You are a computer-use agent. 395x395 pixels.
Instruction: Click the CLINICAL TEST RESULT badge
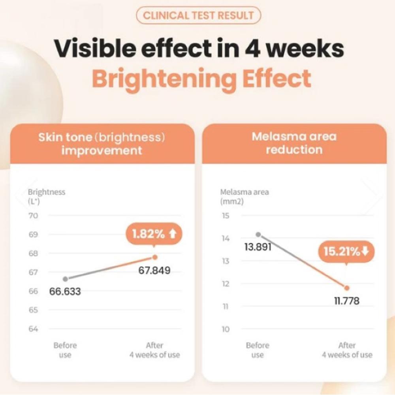click(198, 16)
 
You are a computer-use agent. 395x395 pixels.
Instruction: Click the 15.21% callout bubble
click(346, 252)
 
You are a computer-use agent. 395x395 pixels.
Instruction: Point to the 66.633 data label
click(65, 292)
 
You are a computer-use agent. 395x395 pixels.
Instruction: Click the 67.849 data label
click(154, 271)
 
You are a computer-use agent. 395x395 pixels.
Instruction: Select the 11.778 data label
click(347, 301)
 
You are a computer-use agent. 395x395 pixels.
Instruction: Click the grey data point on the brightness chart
click(66, 279)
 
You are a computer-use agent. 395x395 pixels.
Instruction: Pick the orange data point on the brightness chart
click(155, 257)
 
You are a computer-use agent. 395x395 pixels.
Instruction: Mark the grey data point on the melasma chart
click(258, 234)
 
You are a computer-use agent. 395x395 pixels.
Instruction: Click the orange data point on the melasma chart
click(347, 288)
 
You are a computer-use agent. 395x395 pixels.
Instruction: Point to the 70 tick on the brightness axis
click(33, 216)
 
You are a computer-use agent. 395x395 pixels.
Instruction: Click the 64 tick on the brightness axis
click(33, 329)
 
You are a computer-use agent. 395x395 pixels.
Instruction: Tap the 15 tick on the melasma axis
click(225, 216)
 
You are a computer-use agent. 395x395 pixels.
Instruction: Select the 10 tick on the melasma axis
click(225, 329)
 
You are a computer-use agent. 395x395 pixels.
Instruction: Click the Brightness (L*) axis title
click(46, 196)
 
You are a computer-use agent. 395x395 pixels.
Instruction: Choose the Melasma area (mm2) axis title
click(244, 196)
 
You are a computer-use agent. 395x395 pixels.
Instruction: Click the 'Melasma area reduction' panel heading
click(294, 143)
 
